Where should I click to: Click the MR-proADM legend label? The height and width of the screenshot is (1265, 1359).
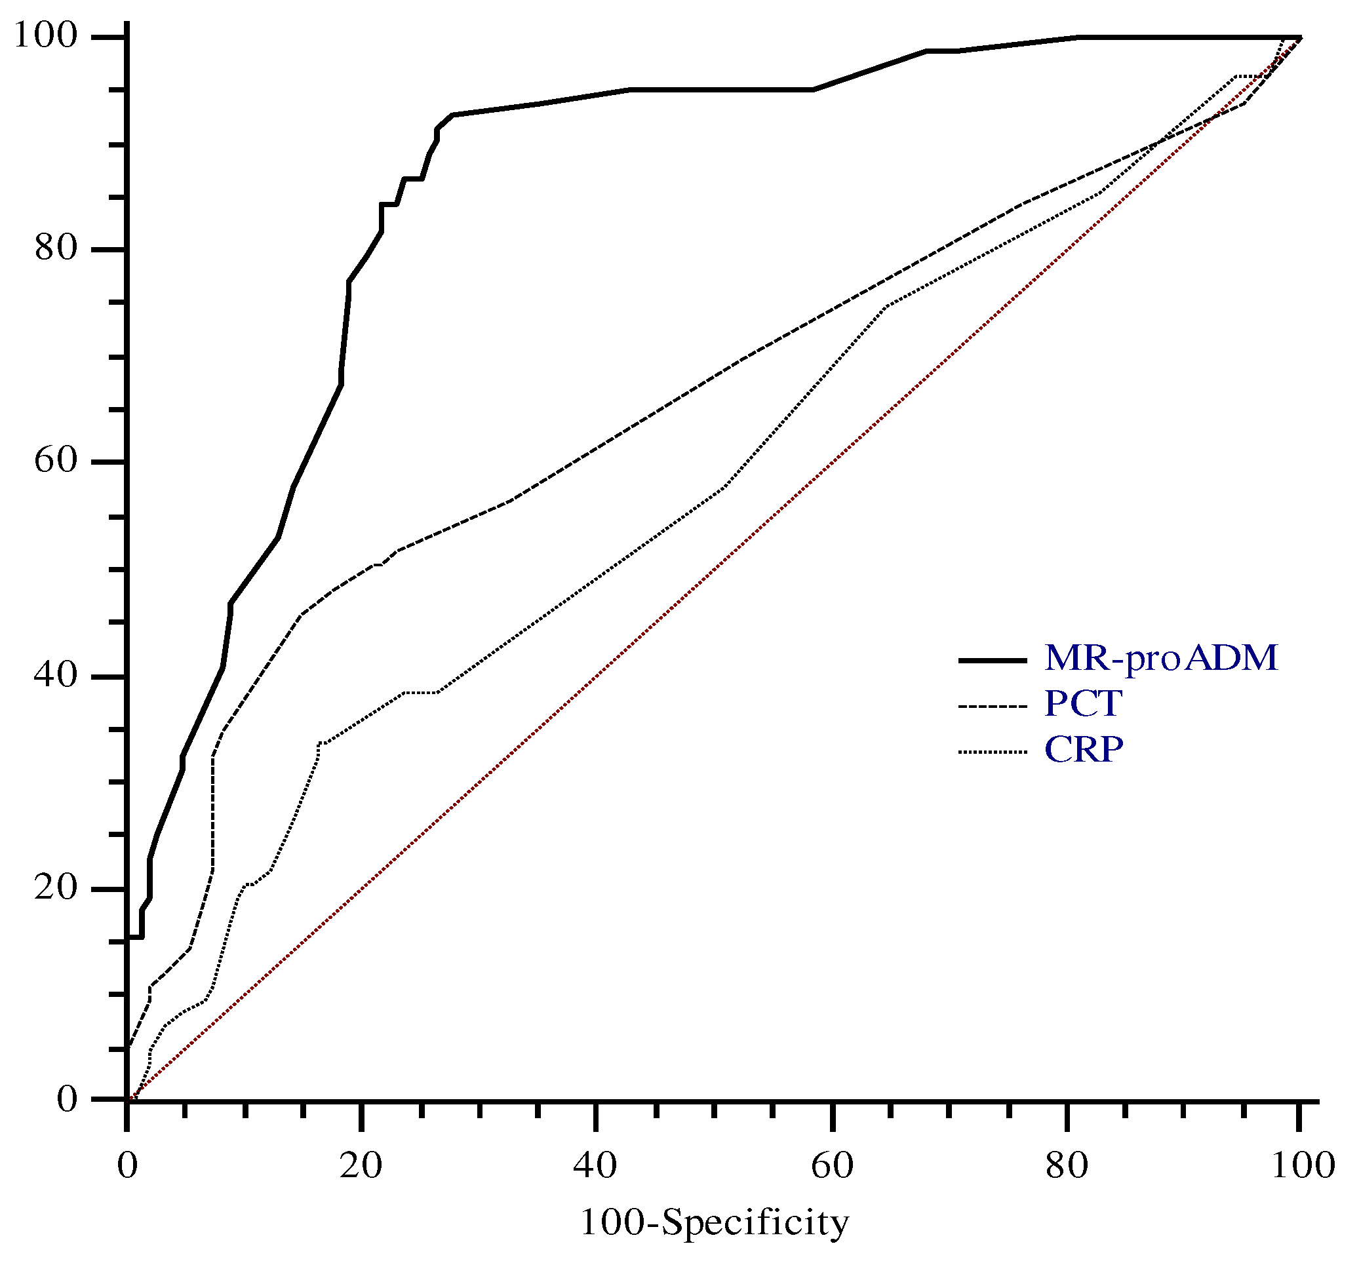tap(1161, 659)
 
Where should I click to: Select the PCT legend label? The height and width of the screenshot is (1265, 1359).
tap(1083, 704)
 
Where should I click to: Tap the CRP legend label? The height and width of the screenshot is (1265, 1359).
tap(1084, 750)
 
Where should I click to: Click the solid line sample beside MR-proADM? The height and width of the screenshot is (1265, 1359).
tap(993, 660)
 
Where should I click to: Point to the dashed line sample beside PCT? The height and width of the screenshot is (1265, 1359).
tap(993, 706)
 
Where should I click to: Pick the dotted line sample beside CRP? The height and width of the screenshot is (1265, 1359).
tap(993, 752)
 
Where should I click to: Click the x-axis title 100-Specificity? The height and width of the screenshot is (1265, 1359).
tap(715, 1222)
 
